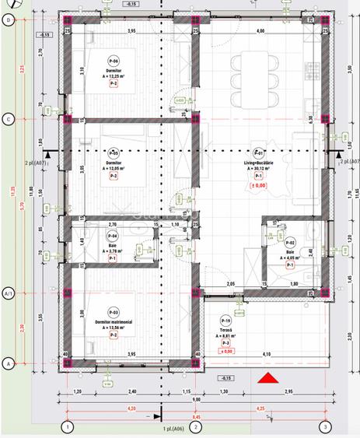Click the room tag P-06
tap(114, 60)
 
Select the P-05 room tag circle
tap(114, 153)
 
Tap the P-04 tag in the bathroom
tap(113, 236)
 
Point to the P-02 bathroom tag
tap(290, 243)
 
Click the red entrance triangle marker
tap(267, 379)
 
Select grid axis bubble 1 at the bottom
tap(68, 426)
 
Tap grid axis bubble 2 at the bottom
tap(196, 426)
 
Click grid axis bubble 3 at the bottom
tap(326, 426)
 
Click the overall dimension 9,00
tap(197, 399)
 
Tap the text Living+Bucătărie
tap(259, 162)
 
